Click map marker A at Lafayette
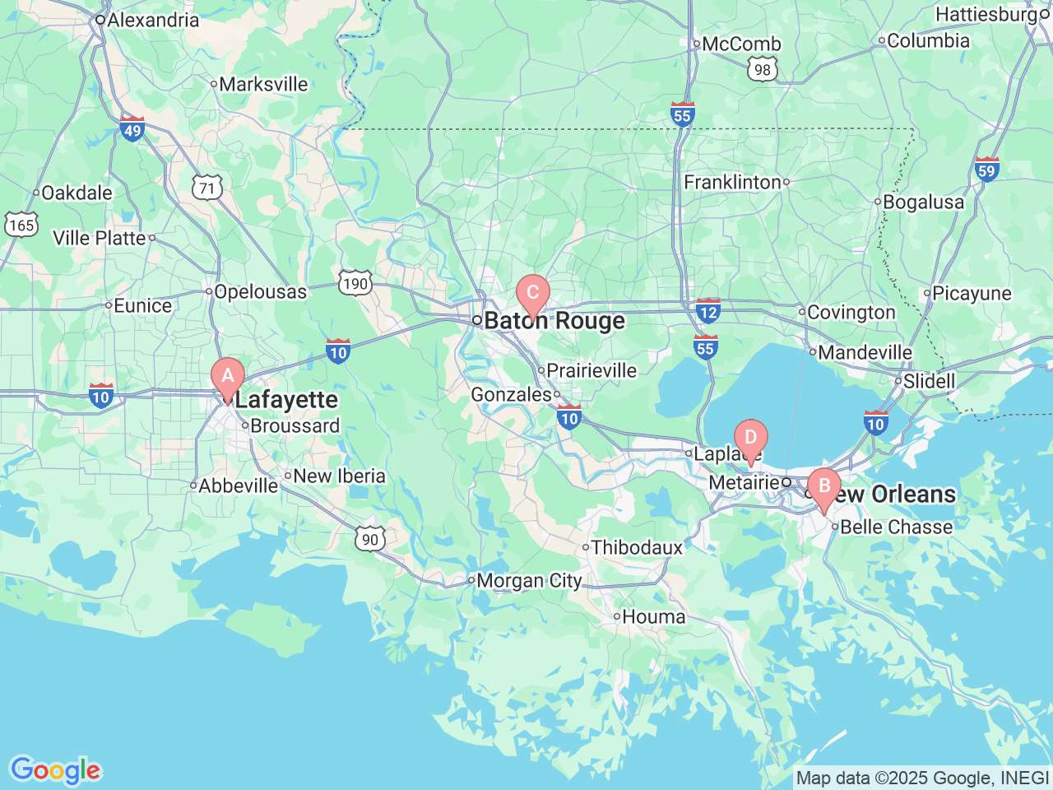(x=228, y=378)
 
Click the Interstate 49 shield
(x=132, y=128)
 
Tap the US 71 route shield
(x=207, y=188)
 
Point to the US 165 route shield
(x=21, y=225)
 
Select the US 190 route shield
(x=355, y=284)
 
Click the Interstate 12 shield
(x=707, y=311)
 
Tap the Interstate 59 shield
(x=986, y=170)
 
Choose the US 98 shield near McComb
(x=763, y=70)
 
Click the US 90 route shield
(x=370, y=539)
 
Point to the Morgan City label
(x=529, y=581)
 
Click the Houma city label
(x=653, y=616)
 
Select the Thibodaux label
(x=637, y=547)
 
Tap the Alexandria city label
(x=153, y=20)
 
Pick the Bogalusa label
(x=923, y=202)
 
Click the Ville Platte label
(x=100, y=239)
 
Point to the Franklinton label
(x=732, y=182)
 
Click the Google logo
(x=55, y=771)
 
